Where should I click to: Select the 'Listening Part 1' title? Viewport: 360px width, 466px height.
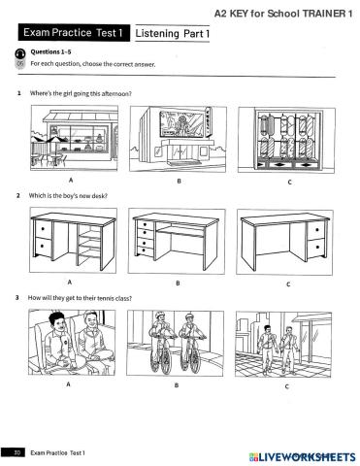tap(174, 34)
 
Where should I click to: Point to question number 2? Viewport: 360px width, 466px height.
tap(18, 195)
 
